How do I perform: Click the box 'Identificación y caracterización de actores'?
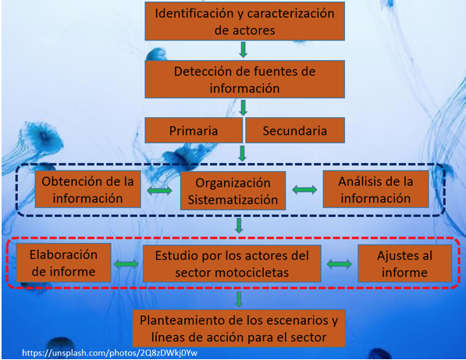244,21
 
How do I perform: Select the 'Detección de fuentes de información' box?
244,80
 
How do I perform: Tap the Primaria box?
194,130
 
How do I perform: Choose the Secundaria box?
295,130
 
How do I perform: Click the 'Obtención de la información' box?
87,189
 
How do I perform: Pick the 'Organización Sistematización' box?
233,191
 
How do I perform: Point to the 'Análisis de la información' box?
375,189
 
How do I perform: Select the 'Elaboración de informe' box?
63,263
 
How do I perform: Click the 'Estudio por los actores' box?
232,263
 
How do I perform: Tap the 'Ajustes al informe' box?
404,263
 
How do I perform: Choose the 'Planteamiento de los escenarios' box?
239,329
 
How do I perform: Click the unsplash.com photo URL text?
109,353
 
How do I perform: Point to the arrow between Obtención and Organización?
159,191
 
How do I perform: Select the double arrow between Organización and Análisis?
304,190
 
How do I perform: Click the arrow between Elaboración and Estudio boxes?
126,264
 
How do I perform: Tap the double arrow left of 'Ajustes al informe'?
339,264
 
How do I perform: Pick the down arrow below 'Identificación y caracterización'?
243,50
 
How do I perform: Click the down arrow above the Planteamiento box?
239,299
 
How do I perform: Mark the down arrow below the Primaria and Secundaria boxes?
242,153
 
